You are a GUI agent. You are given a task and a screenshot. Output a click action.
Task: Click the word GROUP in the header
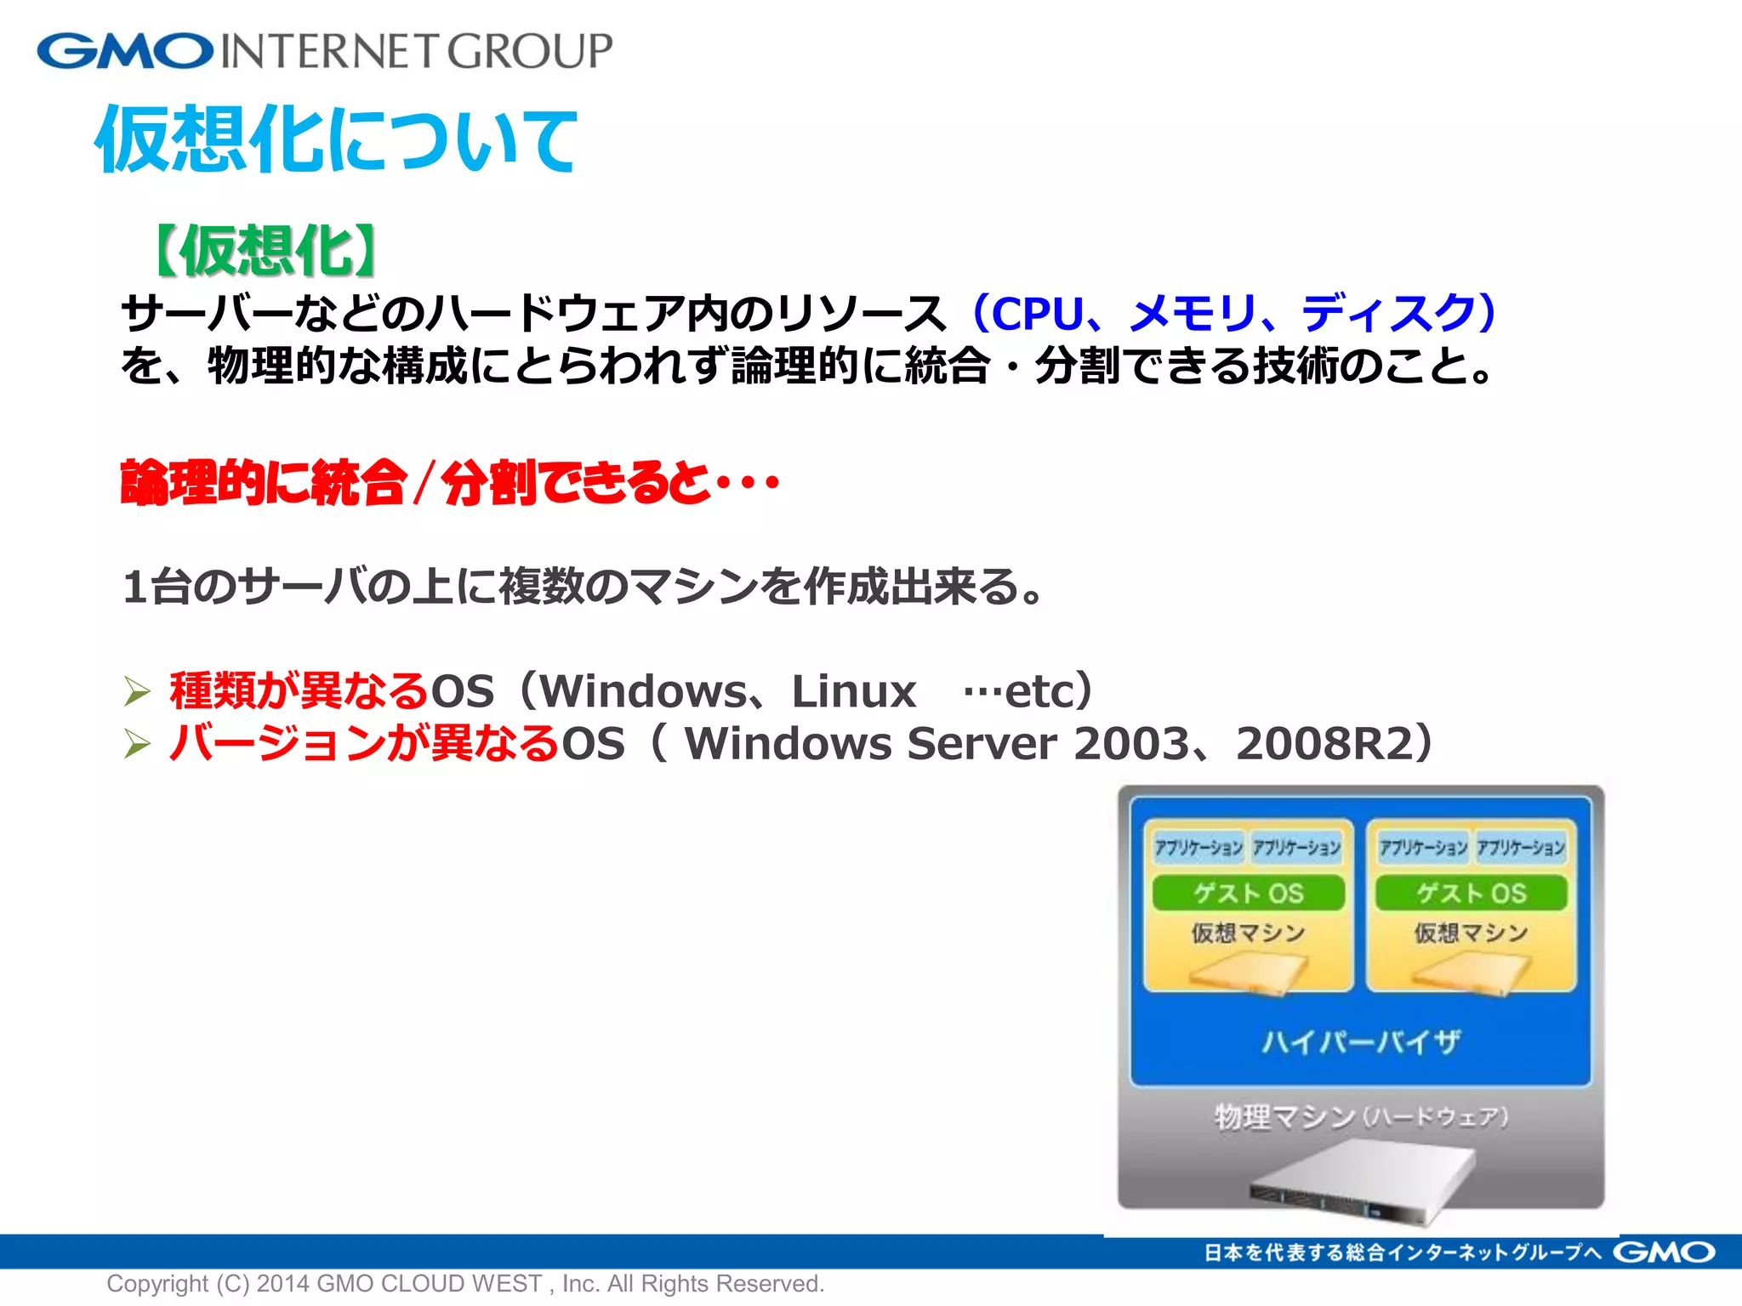coord(529,51)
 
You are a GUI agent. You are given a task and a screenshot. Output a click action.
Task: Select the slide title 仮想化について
coord(336,139)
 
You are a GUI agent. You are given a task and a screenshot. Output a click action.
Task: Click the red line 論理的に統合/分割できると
coord(449,483)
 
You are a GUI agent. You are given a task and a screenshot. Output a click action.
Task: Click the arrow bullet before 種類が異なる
coord(136,691)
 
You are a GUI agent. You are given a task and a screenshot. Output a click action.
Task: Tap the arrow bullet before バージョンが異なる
coord(136,744)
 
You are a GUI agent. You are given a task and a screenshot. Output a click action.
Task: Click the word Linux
coord(853,691)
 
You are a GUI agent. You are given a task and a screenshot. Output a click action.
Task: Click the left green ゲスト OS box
coord(1248,893)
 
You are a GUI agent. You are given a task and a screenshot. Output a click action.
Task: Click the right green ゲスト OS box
coord(1471,893)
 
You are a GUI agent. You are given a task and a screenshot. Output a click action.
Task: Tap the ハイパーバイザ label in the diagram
coord(1360,1042)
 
